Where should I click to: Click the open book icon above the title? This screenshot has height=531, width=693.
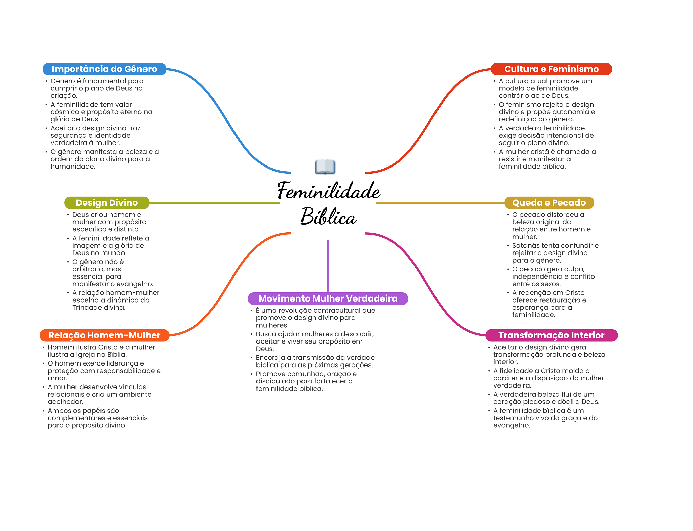pos(325,167)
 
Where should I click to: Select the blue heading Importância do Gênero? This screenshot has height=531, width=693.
pos(104,69)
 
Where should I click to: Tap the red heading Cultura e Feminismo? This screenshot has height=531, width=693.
pos(551,69)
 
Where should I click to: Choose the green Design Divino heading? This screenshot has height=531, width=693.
pos(107,203)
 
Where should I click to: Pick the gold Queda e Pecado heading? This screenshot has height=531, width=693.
pos(549,203)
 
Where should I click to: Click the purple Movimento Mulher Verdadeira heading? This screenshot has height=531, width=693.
pos(328,298)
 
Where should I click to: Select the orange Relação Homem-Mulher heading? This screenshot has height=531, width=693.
pos(104,335)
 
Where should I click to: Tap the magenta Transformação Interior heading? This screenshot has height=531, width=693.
pos(551,335)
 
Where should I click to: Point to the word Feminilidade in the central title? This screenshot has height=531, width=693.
pos(329,191)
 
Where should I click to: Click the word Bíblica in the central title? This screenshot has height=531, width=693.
pos(329,217)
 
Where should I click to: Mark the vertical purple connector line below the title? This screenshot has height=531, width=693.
pos(328,266)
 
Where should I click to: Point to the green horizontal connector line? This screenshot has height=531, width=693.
pos(215,203)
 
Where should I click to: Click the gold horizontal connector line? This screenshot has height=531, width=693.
pos(440,203)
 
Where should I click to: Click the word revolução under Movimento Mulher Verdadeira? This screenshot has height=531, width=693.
pos(298,311)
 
